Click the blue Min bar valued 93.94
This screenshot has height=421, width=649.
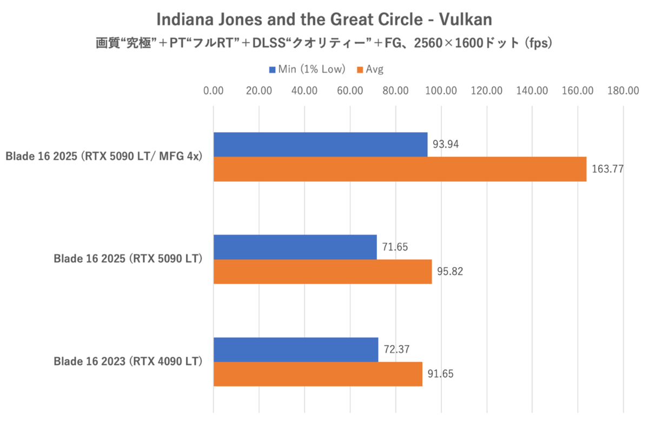point(320,144)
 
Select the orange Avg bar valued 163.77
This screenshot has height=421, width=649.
point(400,169)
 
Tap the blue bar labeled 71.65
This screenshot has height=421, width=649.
point(295,247)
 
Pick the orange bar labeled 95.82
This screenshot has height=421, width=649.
point(322,271)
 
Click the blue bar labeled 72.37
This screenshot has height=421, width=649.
point(296,350)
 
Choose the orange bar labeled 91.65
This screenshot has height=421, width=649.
point(317,374)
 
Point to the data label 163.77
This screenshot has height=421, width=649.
point(607,169)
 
